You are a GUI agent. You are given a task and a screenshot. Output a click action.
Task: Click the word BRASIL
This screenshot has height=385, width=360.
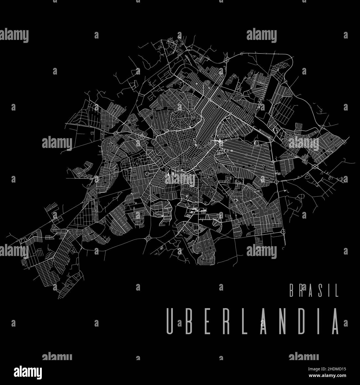pos(314,291)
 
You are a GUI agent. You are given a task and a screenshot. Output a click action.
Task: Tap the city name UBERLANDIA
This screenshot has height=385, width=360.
pos(252,321)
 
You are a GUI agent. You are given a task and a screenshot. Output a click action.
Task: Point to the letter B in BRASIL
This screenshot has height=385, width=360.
pos(292,291)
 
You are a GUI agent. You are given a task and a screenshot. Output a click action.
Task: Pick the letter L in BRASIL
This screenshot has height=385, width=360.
pos(337,291)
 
